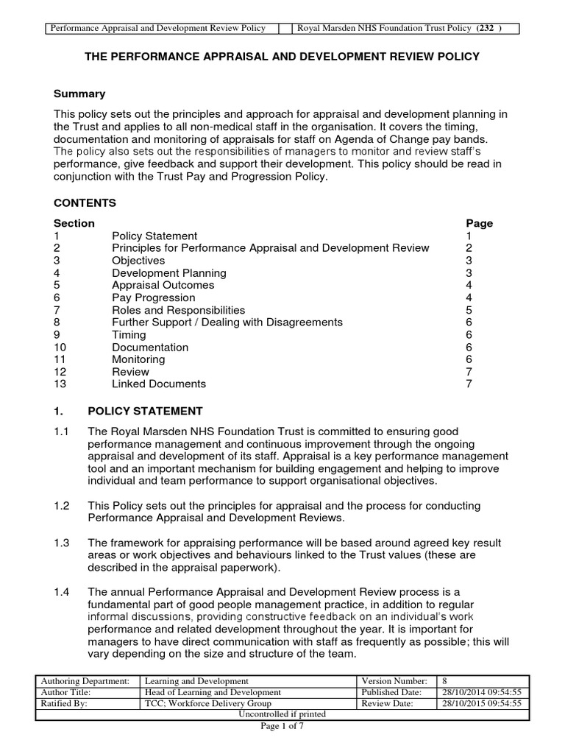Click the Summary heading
[x=79, y=94]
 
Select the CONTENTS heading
[x=85, y=202]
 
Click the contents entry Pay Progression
[x=153, y=297]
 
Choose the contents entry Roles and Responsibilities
[x=178, y=310]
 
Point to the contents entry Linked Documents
[x=158, y=384]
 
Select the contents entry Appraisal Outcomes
[x=163, y=285]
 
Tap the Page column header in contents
[x=479, y=223]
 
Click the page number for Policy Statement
[x=469, y=236]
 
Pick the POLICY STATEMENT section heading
[x=144, y=411]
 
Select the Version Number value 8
[x=444, y=681]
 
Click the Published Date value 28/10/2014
[x=480, y=692]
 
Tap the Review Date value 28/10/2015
[x=480, y=703]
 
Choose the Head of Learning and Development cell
[x=213, y=692]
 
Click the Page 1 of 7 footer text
[x=282, y=727]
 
